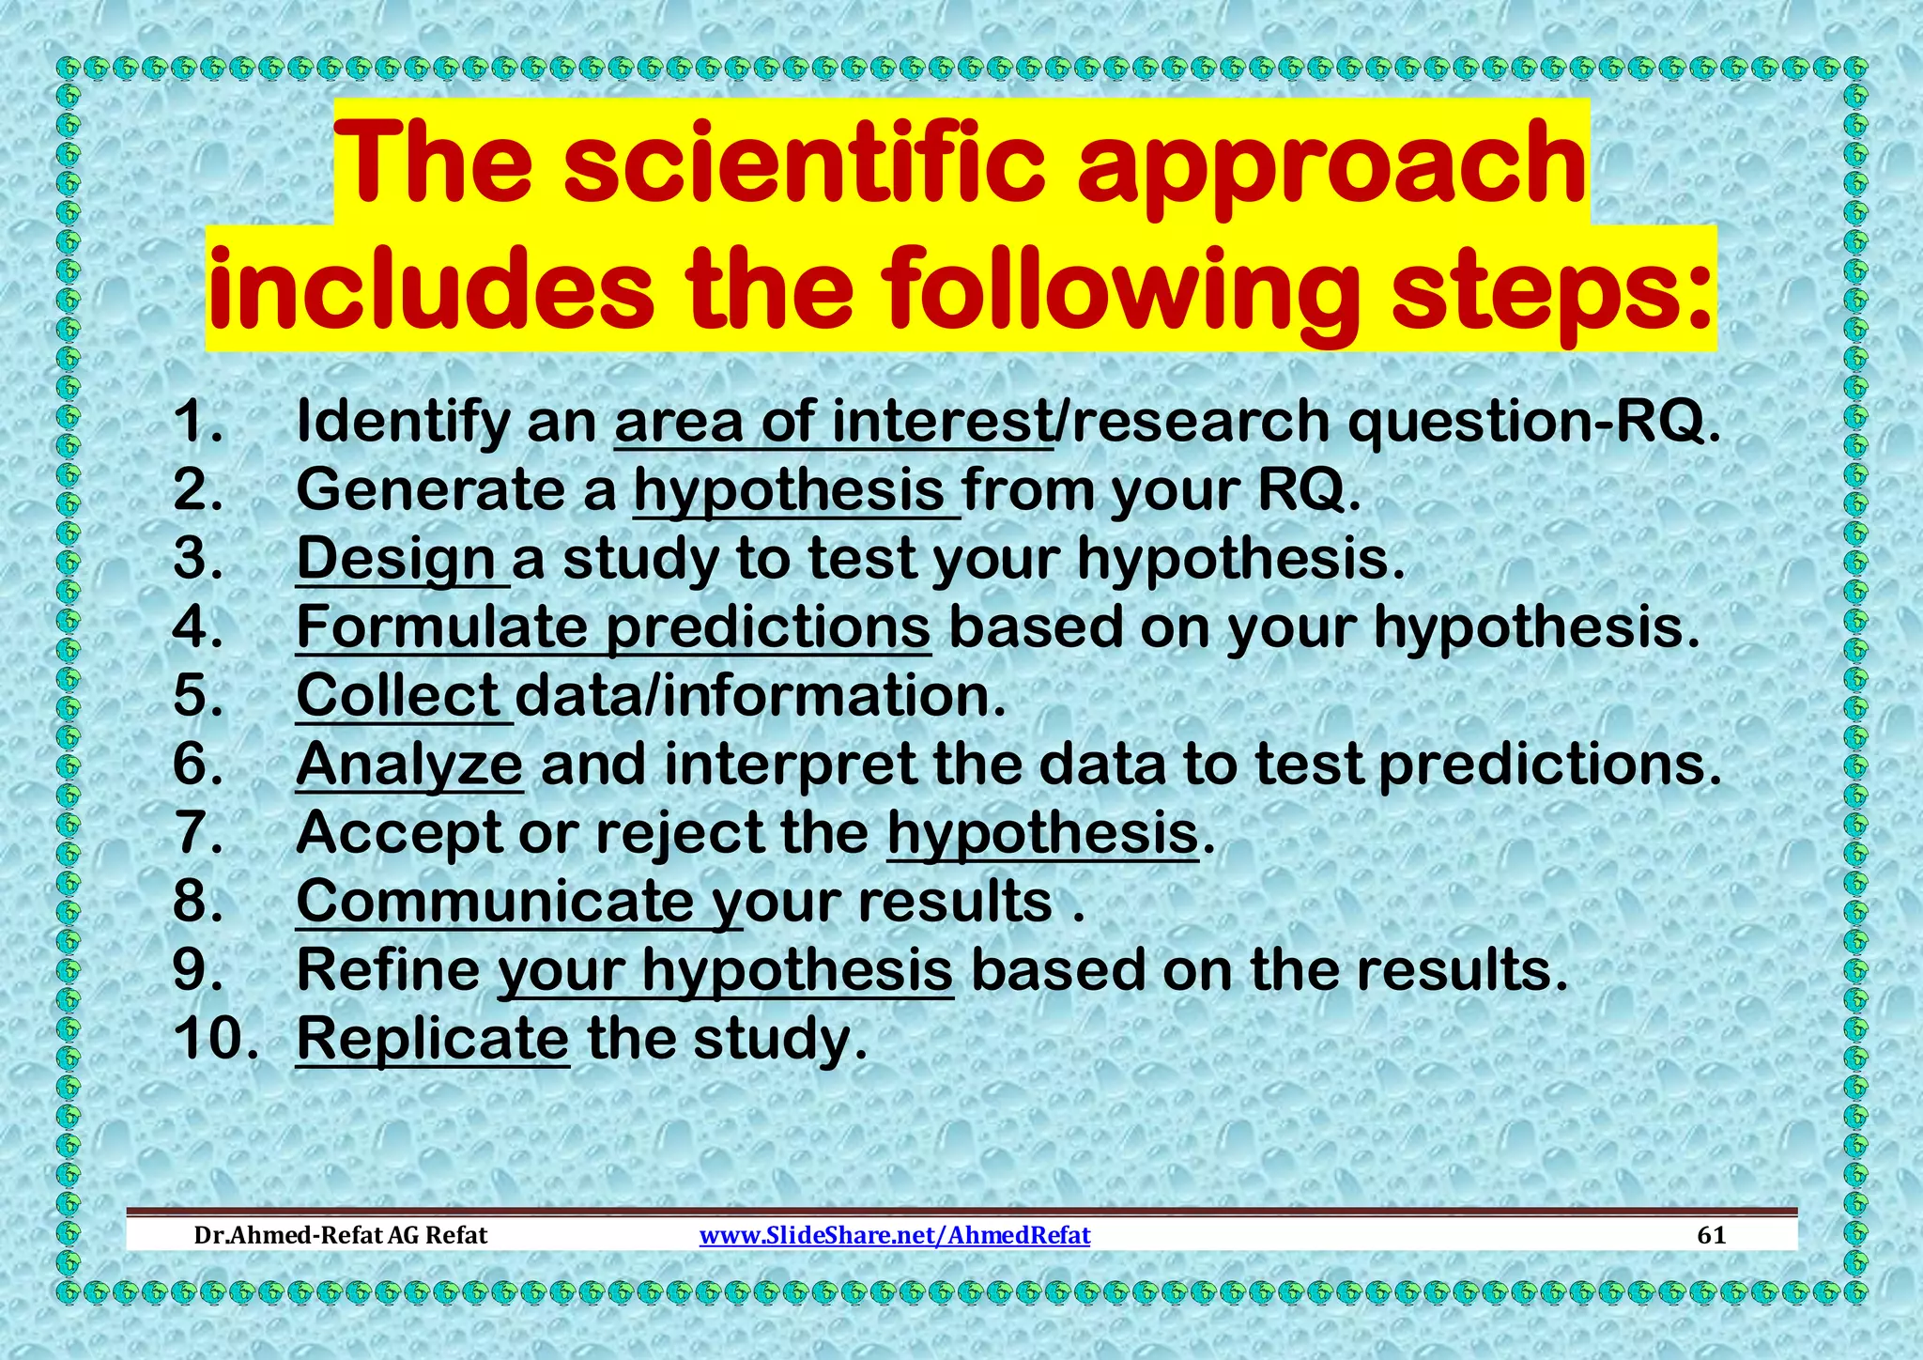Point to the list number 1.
pyautogui.click(x=198, y=422)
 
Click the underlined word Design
pyautogui.click(x=395, y=560)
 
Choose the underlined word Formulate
pyautogui.click(x=440, y=627)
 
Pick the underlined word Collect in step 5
pyautogui.click(x=397, y=696)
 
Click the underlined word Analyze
pyautogui.click(x=408, y=765)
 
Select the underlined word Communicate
pyautogui.click(x=495, y=902)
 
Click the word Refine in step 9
pyautogui.click(x=387, y=970)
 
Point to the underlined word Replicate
pyautogui.click(x=432, y=1039)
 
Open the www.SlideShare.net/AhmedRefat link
pyautogui.click(x=895, y=1234)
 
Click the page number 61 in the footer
pyautogui.click(x=1712, y=1234)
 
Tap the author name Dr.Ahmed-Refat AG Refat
pyautogui.click(x=340, y=1234)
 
